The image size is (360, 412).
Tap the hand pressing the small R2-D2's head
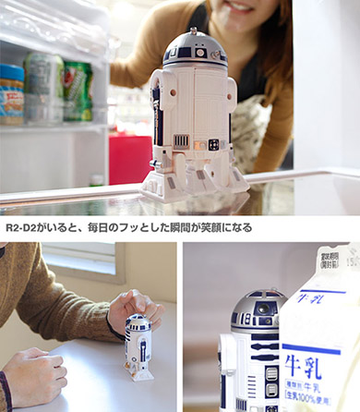[x=128, y=307]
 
